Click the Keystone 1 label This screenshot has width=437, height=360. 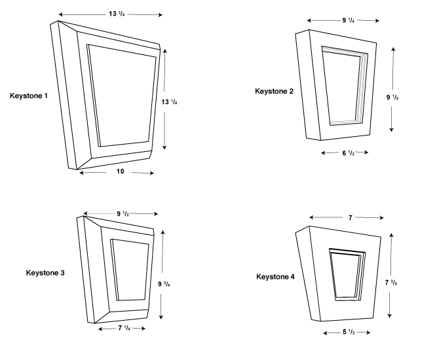[29, 96]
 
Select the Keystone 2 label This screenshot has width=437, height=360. [275, 91]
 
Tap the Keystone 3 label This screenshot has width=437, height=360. [45, 272]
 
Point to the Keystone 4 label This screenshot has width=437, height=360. [275, 277]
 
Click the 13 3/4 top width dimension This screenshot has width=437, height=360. [117, 14]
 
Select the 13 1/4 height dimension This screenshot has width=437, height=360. [169, 102]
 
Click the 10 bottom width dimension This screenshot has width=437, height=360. [120, 171]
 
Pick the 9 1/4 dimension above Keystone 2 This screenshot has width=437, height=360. [349, 20]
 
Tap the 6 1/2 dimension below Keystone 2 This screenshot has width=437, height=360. [349, 153]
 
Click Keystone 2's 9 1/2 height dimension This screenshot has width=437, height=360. [392, 97]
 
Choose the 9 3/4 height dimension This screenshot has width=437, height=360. [164, 283]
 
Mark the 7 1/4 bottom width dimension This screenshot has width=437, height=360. [124, 328]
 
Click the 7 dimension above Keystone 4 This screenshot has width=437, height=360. [351, 218]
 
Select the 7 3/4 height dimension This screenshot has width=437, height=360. [391, 282]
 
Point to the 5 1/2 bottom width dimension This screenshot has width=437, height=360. [349, 332]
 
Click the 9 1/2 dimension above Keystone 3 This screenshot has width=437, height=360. [123, 213]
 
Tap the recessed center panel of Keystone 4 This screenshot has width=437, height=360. [345, 276]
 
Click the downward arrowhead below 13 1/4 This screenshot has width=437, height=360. [164, 147]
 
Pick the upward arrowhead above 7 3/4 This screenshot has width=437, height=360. [391, 236]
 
